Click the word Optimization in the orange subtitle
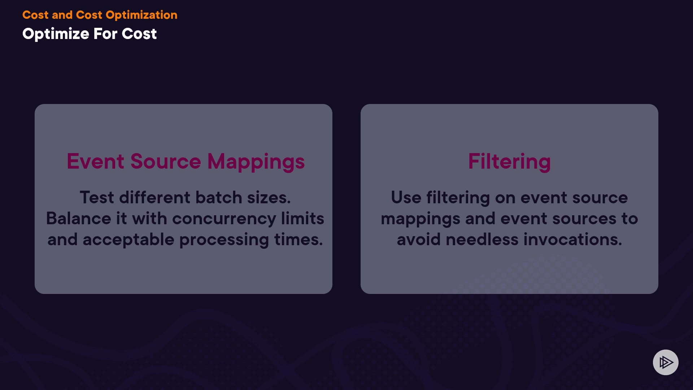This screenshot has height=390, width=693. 141,15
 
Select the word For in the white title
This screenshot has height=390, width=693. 105,34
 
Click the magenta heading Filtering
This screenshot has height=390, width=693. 509,162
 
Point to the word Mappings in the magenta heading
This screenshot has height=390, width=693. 256,162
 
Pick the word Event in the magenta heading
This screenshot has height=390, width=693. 96,161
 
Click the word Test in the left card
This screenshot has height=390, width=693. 97,198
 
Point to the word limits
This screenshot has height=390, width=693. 302,218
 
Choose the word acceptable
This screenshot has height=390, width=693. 128,240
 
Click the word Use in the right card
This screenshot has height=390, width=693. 406,198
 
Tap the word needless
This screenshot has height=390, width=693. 482,239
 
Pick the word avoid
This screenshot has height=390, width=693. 419,239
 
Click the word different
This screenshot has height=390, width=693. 155,198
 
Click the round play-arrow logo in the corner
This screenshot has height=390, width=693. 666,362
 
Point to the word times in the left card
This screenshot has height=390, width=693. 298,239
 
